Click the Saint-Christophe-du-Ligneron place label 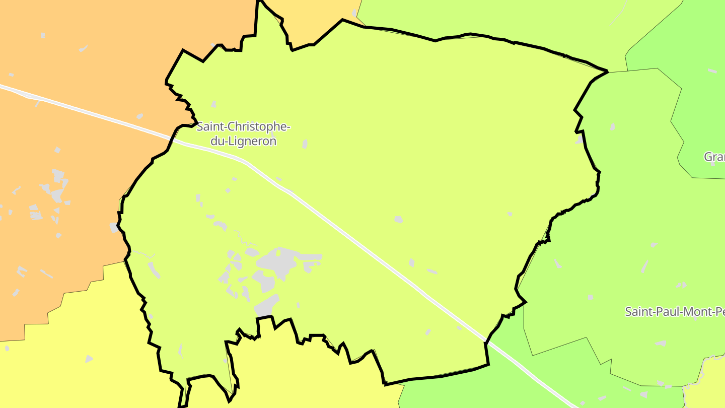pos(243,134)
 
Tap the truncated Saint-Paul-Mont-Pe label pos(675,311)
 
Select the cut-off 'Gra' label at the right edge pos(714,157)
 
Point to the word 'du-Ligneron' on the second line pos(243,142)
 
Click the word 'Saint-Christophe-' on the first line pos(243,127)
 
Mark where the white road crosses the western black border pos(173,140)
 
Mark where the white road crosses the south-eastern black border pos(486,342)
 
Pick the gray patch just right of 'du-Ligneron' pos(305,144)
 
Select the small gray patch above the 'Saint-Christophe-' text pos(213,104)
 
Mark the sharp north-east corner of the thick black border pos(608,72)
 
